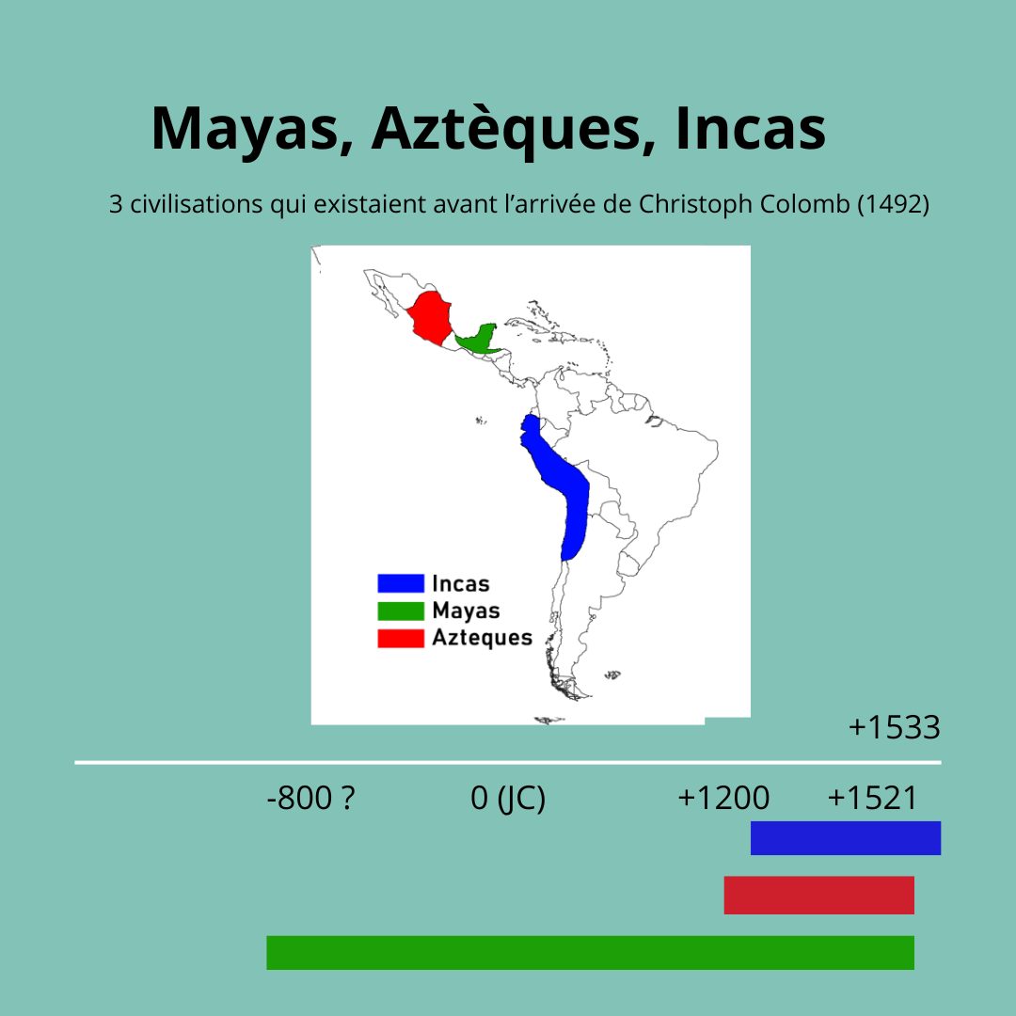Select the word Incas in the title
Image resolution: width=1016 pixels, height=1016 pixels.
751,128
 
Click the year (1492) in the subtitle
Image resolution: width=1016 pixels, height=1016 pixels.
894,204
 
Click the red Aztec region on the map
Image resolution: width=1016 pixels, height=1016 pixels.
429,318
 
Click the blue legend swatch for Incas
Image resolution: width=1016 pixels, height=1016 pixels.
401,583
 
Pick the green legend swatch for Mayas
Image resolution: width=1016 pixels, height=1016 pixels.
401,611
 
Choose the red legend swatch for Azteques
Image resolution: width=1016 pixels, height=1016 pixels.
401,638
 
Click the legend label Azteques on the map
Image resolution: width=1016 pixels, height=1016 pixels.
482,638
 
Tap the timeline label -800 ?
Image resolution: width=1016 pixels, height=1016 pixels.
311,798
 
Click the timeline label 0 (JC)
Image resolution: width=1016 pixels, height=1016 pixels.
508,799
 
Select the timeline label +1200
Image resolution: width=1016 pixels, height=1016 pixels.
723,798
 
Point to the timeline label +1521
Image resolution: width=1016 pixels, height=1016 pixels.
872,798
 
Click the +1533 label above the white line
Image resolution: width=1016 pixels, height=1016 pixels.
895,727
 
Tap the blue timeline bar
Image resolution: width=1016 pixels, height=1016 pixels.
846,838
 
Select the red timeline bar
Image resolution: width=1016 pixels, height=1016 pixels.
819,895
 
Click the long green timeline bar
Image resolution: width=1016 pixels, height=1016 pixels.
590,952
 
